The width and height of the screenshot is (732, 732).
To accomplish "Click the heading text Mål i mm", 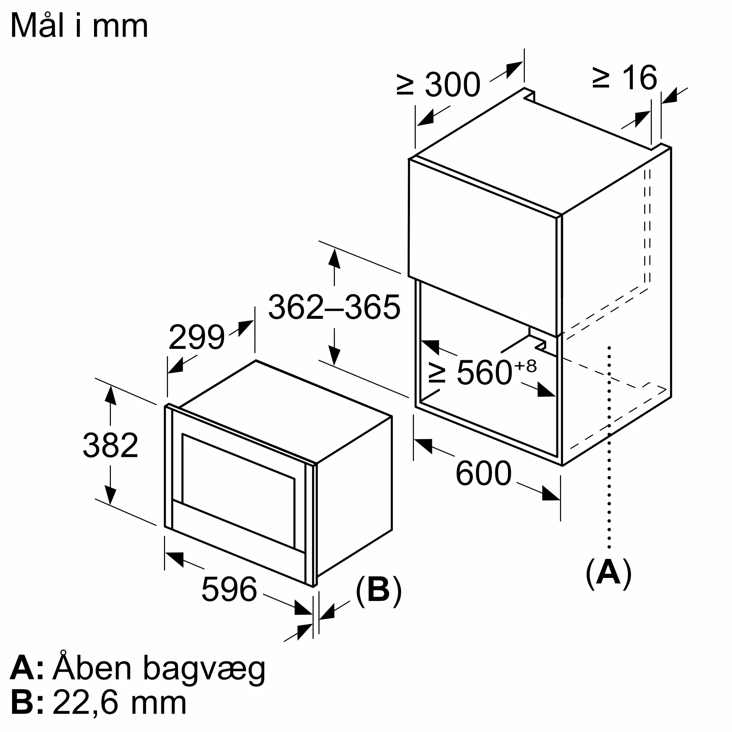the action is (x=79, y=26).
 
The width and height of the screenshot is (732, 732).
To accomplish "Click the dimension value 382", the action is (x=110, y=445).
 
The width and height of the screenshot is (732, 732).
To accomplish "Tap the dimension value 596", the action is (x=229, y=589).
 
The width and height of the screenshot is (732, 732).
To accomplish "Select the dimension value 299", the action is (x=196, y=337).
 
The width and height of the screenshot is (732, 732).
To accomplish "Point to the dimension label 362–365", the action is (x=334, y=307).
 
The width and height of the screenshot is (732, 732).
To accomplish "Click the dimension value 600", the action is (x=483, y=473).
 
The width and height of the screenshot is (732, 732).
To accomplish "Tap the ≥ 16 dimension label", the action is (x=625, y=78).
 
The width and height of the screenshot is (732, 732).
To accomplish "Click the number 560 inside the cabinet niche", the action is (x=485, y=373).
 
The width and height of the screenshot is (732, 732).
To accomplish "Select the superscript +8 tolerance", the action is (x=526, y=366).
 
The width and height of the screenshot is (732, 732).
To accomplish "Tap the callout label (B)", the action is (x=378, y=589).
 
